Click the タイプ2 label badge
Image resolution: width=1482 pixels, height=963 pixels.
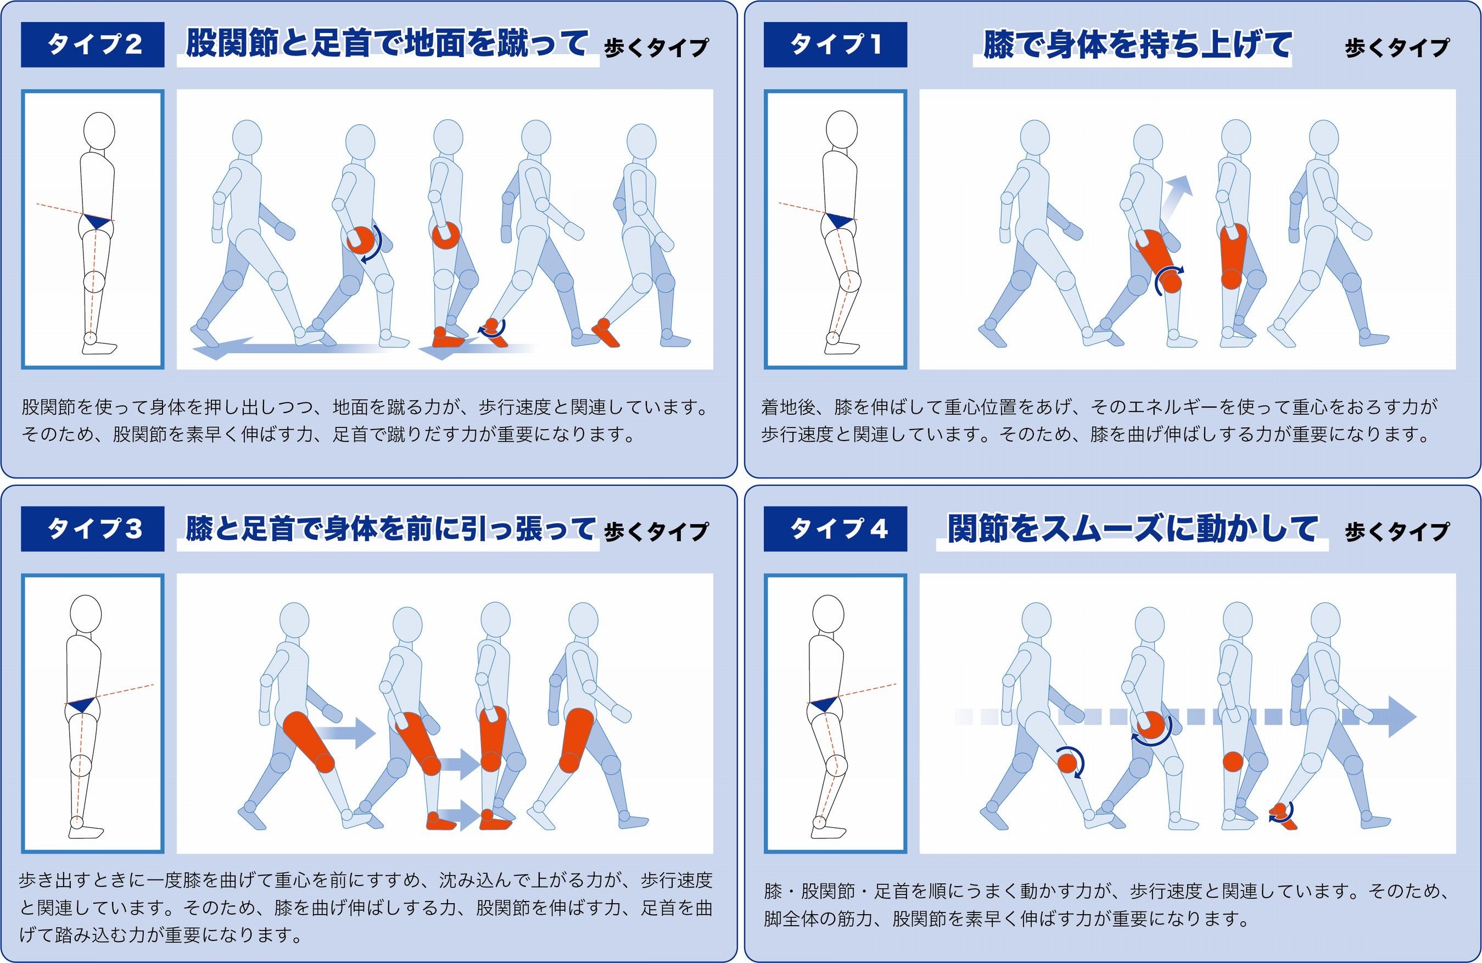[92, 44]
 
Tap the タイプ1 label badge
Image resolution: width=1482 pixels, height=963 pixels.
[835, 44]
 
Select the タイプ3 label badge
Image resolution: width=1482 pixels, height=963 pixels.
[92, 529]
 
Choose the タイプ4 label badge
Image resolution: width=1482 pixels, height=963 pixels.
[835, 529]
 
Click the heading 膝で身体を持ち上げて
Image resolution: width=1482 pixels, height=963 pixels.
[1137, 45]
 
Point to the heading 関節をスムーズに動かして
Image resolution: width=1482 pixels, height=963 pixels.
[1132, 529]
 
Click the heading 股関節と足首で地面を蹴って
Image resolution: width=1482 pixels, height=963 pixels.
[386, 43]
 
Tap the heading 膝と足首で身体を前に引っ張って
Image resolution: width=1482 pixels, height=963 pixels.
[390, 528]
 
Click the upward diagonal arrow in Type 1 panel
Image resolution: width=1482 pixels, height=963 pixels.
[1177, 197]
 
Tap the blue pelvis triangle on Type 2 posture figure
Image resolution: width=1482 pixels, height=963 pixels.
[98, 221]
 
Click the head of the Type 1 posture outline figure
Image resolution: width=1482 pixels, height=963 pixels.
[841, 130]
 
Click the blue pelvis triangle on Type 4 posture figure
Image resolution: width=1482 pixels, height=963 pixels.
[824, 704]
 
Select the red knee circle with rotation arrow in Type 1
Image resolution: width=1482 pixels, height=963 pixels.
[1170, 280]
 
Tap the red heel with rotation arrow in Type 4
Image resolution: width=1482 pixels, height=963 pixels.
[1283, 815]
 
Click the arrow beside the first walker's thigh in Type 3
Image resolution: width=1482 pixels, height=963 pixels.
[344, 732]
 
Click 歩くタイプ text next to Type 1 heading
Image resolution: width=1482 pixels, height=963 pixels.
[1397, 48]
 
